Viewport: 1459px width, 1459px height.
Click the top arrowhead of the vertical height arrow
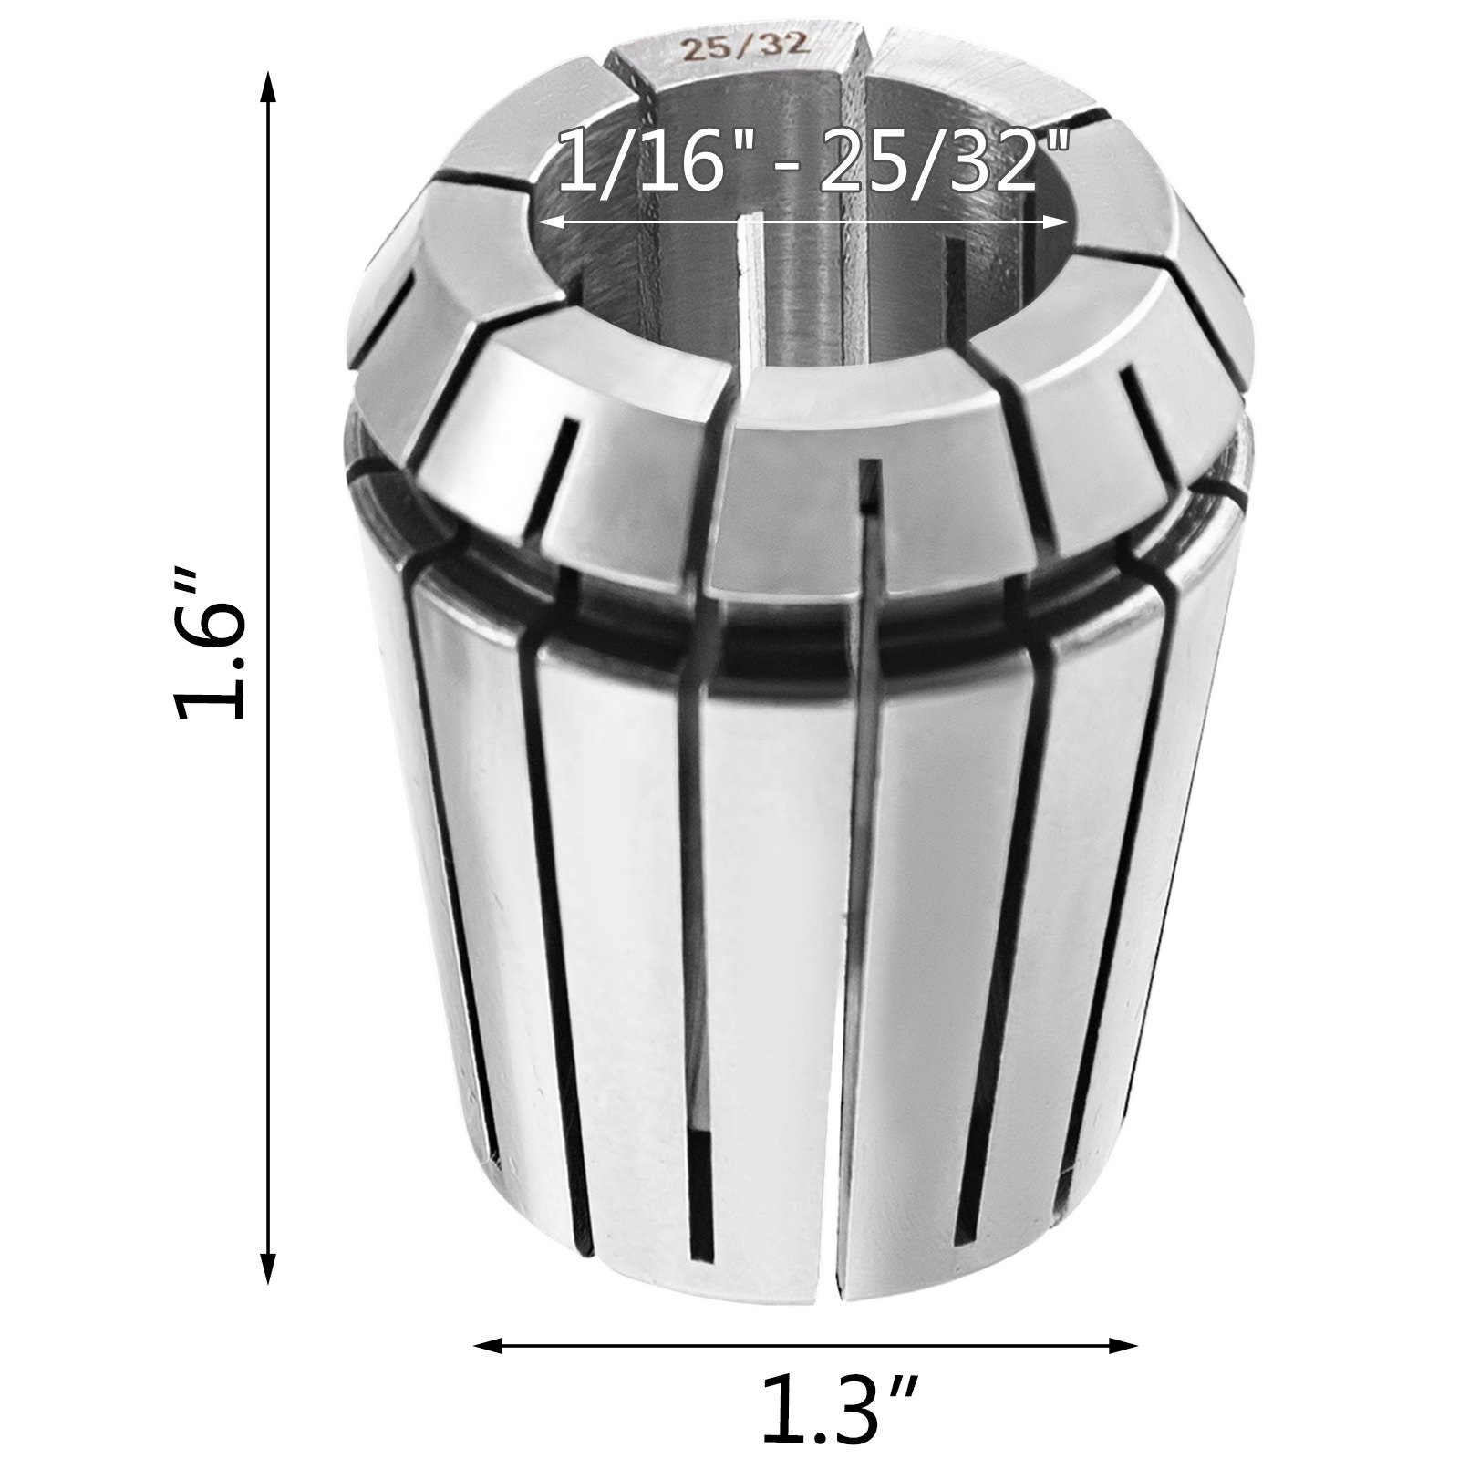[x=267, y=90]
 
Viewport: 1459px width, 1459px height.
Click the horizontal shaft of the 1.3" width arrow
[x=638, y=1345]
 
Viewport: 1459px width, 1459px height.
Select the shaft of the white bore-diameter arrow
[x=802, y=222]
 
